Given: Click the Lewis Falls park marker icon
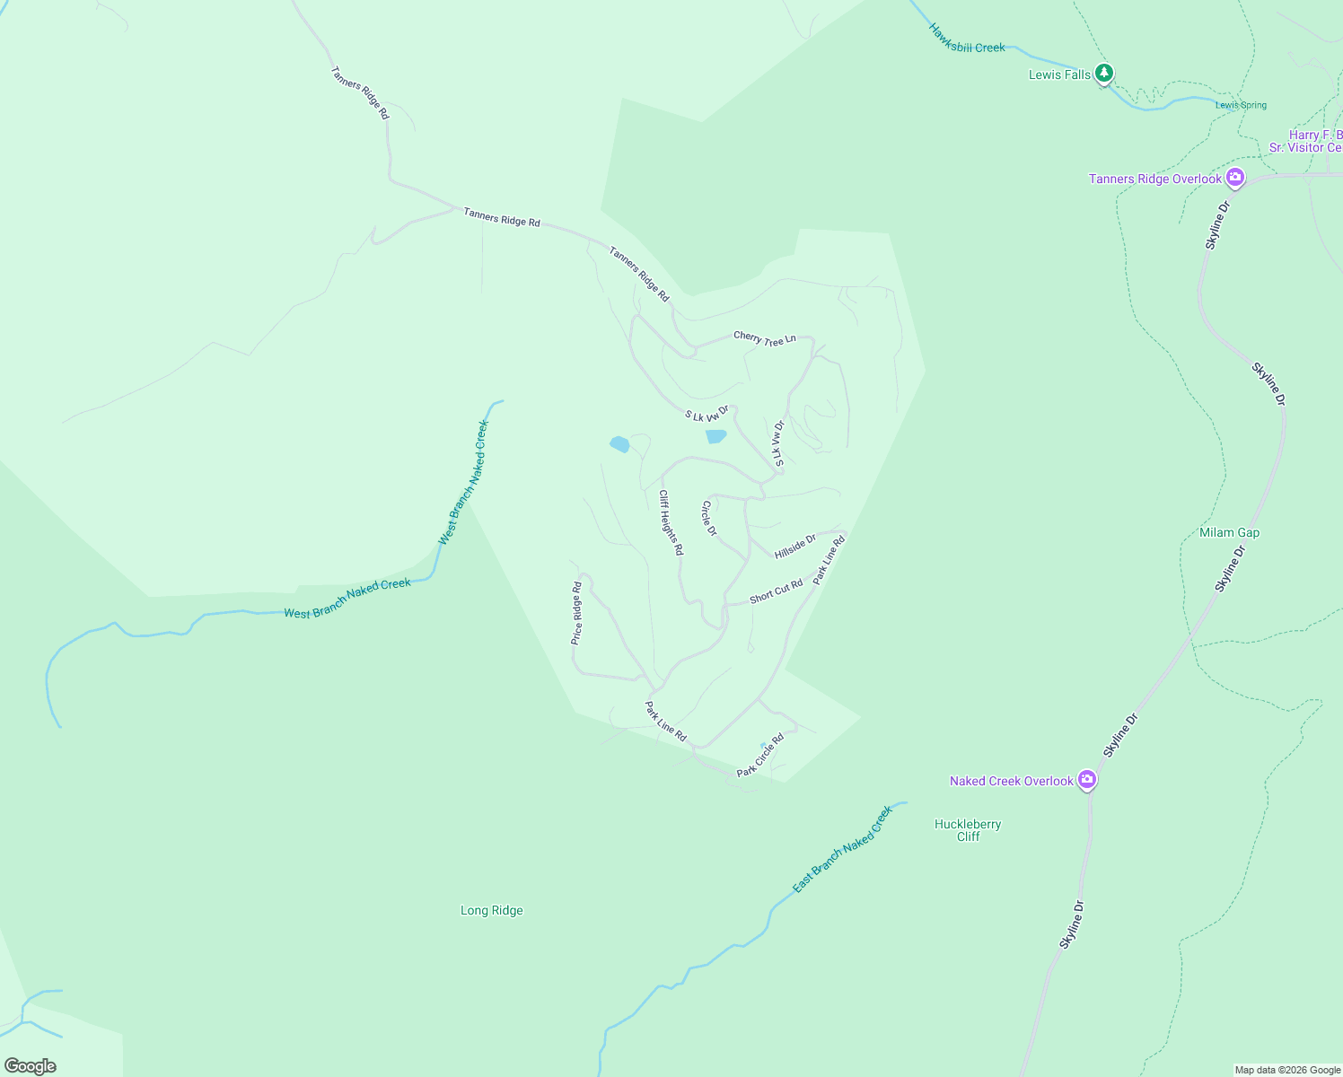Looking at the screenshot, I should tap(1104, 74).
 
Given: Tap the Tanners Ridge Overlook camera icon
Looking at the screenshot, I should tap(1235, 178).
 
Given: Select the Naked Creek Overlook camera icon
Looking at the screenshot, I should tap(1087, 780).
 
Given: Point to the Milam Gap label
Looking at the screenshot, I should tap(1229, 532).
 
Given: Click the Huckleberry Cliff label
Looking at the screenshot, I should tap(968, 830).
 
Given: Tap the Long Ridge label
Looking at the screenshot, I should tap(491, 910).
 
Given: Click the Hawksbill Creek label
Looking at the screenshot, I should tap(967, 38).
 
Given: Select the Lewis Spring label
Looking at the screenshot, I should tap(1241, 105).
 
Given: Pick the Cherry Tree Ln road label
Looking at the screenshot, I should tap(765, 338).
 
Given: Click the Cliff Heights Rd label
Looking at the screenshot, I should tap(671, 522).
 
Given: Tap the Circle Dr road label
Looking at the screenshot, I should tap(709, 518).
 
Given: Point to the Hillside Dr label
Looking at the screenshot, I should tap(794, 546).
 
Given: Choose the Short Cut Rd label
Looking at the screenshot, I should tap(776, 591).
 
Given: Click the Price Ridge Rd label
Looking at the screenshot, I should tap(576, 614).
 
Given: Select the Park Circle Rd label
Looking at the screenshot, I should tap(760, 756).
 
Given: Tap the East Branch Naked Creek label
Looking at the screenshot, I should tap(842, 850).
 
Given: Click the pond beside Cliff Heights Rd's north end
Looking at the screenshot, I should tap(619, 444).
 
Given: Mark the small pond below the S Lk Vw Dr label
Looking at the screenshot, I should tap(715, 436).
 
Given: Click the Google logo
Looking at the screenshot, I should tap(30, 1066).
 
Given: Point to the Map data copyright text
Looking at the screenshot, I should tap(1286, 1070).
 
